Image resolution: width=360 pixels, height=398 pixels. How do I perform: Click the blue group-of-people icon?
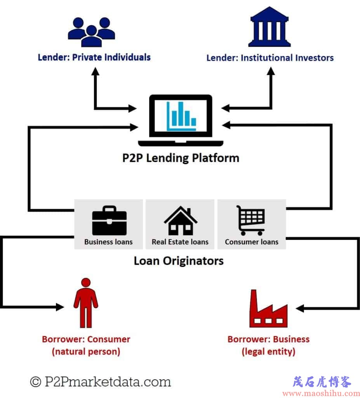click(x=91, y=32)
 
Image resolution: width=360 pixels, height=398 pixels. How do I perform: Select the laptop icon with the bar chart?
click(x=181, y=120)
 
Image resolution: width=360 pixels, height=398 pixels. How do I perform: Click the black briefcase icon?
click(x=110, y=220)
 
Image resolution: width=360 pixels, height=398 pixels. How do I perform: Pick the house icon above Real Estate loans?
click(x=180, y=220)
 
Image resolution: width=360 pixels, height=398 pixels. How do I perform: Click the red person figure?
click(x=86, y=303)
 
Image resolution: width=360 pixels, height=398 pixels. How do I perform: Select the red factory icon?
click(x=268, y=308)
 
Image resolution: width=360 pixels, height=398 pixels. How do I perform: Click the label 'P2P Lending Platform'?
click(x=181, y=158)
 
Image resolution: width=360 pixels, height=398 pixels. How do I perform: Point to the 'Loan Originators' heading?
click(x=179, y=261)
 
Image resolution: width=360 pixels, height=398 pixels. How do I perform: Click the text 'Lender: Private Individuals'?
click(x=94, y=58)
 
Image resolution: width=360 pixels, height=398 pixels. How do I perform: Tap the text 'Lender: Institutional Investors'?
click(x=270, y=58)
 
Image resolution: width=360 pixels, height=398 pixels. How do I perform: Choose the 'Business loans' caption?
click(x=108, y=242)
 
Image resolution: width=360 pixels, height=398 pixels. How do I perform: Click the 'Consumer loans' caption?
click(x=251, y=242)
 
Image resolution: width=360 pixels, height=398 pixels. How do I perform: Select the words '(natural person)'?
click(x=86, y=352)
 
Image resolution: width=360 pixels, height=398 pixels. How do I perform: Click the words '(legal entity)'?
click(x=268, y=352)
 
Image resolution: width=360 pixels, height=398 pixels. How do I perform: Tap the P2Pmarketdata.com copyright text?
click(x=101, y=382)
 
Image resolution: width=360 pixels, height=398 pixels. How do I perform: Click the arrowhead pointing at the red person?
click(x=60, y=307)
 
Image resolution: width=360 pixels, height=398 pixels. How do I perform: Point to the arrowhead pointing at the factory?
click(x=300, y=308)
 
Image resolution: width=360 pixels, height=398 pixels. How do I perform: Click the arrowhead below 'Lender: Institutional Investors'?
click(x=271, y=71)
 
